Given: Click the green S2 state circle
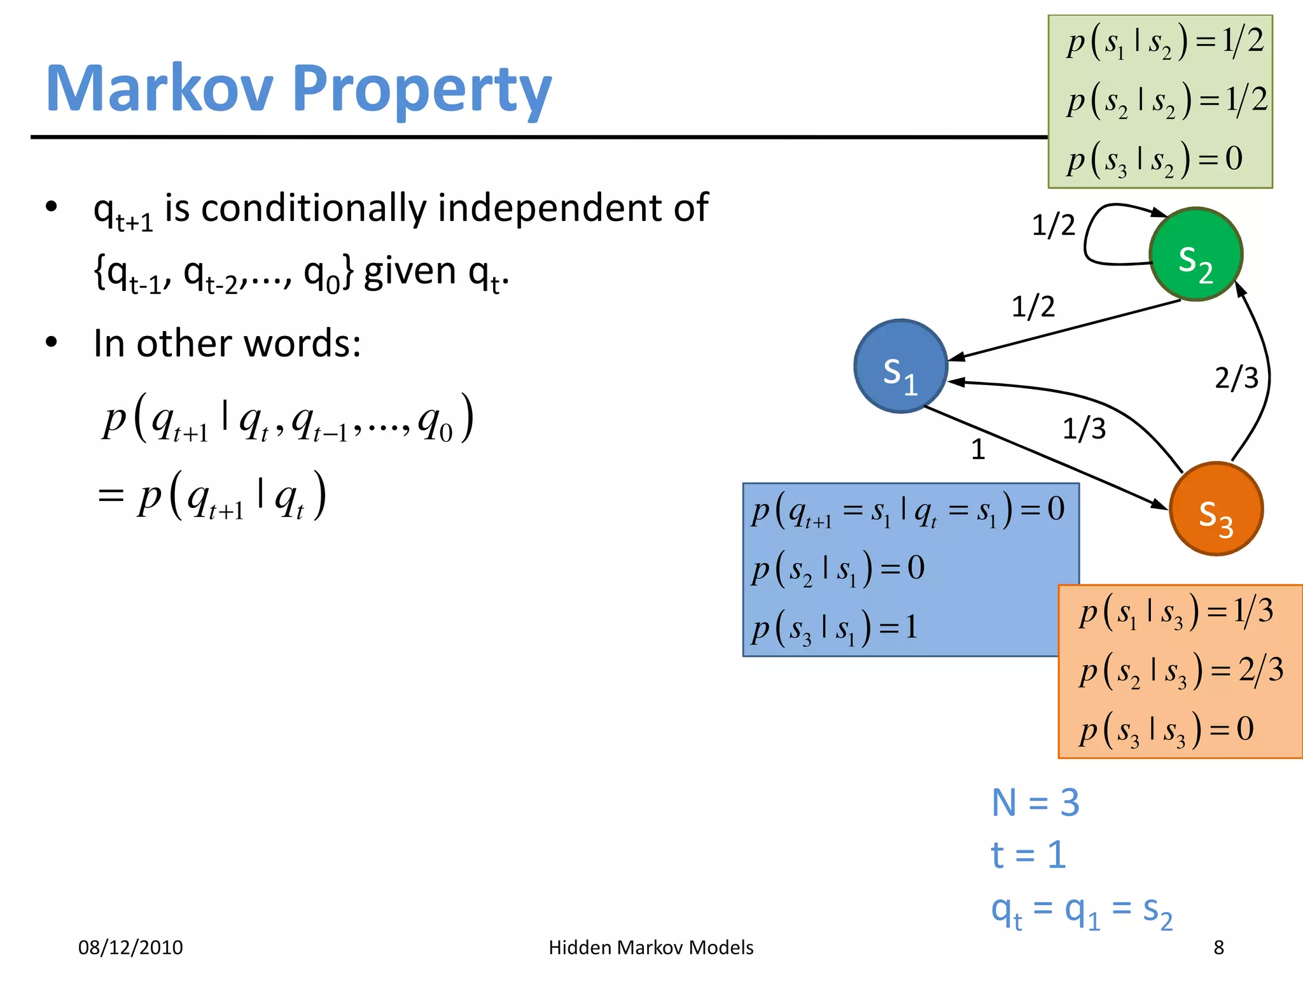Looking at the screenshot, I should coord(1195,254).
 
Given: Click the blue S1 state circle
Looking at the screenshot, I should coord(900,367).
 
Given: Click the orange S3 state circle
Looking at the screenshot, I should coord(1216,509).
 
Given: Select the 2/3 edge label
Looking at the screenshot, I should coord(1236,377).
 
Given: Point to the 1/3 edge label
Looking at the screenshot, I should coord(1084,428).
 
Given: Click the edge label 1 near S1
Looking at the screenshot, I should coord(978,449).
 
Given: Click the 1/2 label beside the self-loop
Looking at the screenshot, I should coord(1053,225).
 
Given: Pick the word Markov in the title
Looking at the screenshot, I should coord(159,89).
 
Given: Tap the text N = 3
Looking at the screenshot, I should coord(1035,802).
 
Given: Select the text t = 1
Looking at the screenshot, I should coord(1028,854).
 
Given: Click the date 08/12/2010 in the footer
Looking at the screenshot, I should coord(130,947).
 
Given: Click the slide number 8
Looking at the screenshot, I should coord(1218,947).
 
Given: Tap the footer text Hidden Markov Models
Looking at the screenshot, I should coord(651,947).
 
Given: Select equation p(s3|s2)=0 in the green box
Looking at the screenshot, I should coord(1154,159).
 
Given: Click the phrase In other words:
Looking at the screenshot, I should coord(227,344).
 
